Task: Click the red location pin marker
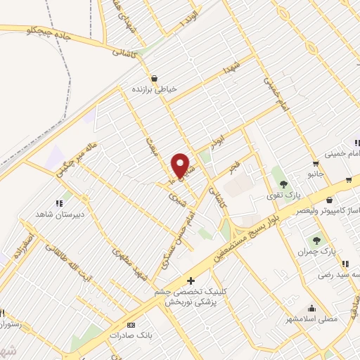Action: pyautogui.click(x=180, y=166)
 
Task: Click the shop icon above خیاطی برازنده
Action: pyautogui.click(x=154, y=78)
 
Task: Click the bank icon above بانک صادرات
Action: pyautogui.click(x=131, y=326)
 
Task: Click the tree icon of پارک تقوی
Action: pyautogui.click(x=284, y=185)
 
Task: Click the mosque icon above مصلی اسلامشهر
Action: pyautogui.click(x=311, y=307)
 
